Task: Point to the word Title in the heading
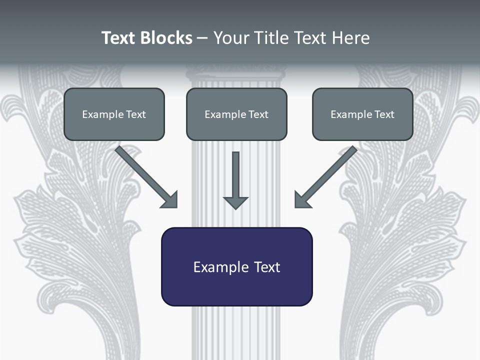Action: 272,38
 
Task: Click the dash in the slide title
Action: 202,38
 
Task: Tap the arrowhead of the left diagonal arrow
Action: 170,200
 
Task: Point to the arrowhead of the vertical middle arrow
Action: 235,202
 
